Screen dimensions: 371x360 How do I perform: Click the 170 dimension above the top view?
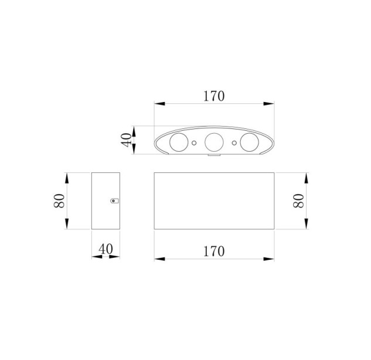[x=214, y=96]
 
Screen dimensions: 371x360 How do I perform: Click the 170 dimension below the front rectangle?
[x=214, y=252]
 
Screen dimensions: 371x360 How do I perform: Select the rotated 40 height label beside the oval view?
[x=126, y=140]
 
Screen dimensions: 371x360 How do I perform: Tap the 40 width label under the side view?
[x=105, y=249]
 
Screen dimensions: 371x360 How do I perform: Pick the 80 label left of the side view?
[x=59, y=201]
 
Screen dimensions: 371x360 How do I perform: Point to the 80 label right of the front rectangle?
[x=298, y=201]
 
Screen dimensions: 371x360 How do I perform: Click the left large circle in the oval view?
[x=179, y=142]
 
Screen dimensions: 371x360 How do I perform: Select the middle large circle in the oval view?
[x=214, y=142]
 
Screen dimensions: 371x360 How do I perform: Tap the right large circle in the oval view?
[x=249, y=142]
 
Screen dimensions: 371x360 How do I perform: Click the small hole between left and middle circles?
[x=194, y=142]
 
